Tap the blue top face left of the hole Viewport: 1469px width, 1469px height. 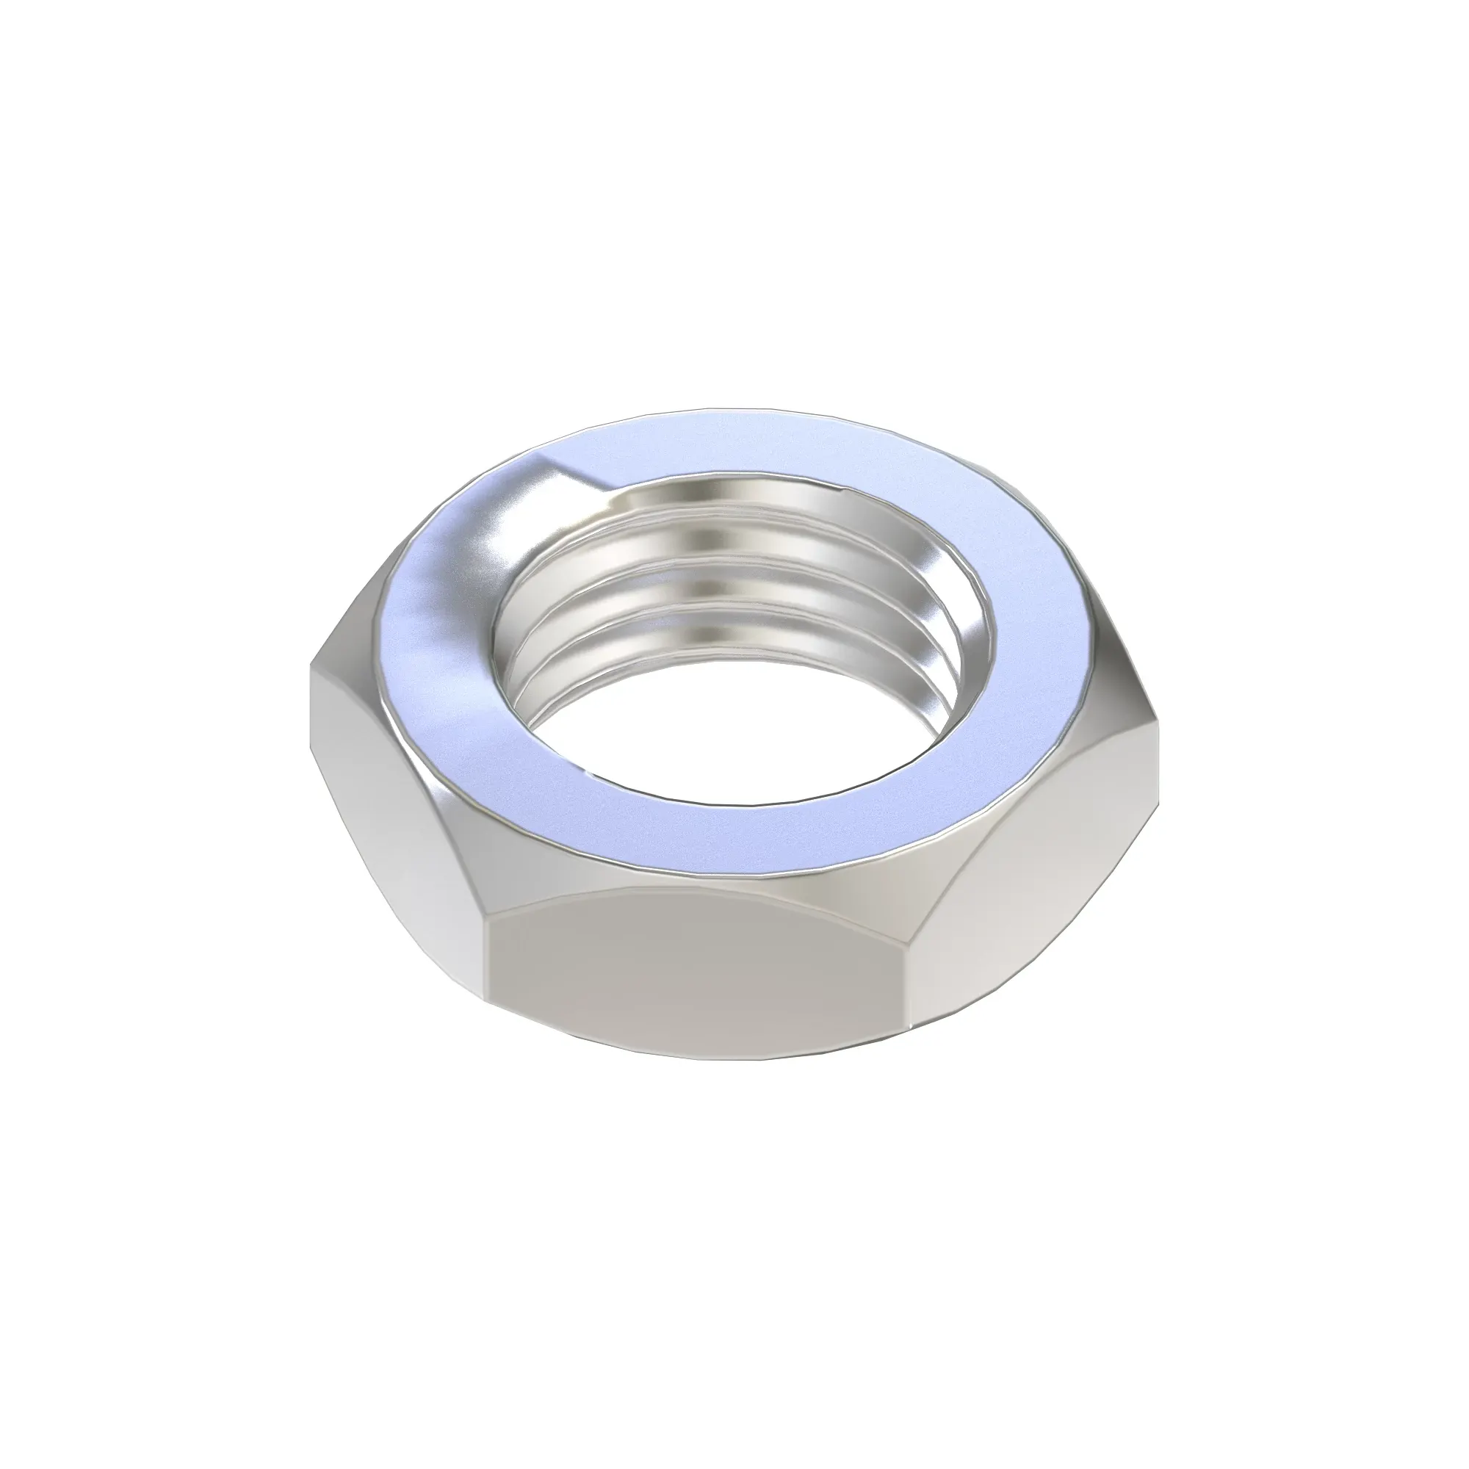(433, 631)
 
